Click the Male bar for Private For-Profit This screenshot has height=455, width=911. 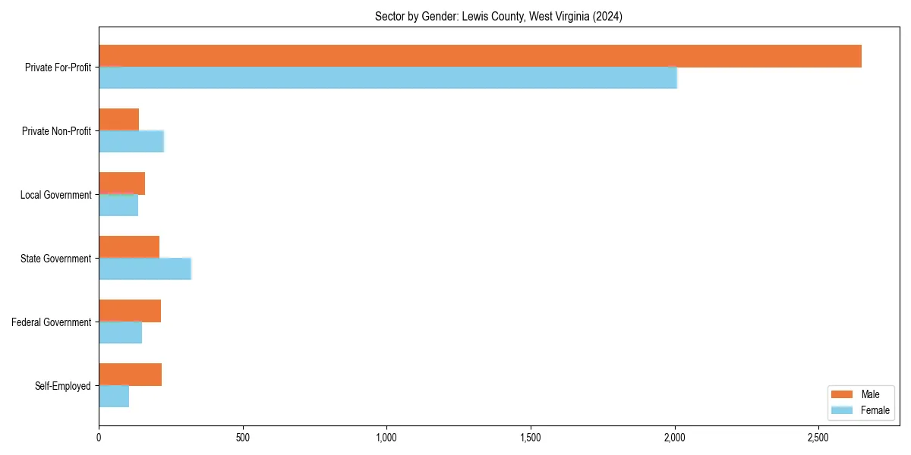(480, 56)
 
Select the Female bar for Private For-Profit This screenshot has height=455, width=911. (387, 77)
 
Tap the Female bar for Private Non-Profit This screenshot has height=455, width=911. (131, 141)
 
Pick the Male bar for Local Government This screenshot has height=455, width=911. (121, 184)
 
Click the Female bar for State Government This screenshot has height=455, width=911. (144, 268)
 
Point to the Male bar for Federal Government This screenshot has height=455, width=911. (130, 311)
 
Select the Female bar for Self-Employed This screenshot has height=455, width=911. (114, 396)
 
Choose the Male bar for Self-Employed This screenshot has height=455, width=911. (130, 375)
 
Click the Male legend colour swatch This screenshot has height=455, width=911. (843, 394)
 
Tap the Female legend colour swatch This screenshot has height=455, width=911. (843, 410)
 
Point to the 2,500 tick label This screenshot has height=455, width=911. (818, 438)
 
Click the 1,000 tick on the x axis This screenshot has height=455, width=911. (386, 438)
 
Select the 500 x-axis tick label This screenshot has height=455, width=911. (243, 438)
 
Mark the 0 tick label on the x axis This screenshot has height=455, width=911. (99, 438)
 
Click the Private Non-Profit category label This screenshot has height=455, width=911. (56, 131)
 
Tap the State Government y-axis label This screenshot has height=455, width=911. (55, 259)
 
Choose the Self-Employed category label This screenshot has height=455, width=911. (63, 386)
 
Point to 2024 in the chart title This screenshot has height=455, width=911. (609, 17)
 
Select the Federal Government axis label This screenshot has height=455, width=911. (52, 322)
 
